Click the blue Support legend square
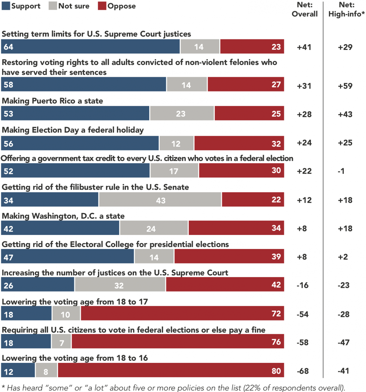pos(6,6)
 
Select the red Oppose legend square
pos(102,6)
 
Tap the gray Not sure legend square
pos(53,6)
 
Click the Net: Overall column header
pos(304,9)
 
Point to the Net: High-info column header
pos(346,9)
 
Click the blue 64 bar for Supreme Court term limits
pos(90,47)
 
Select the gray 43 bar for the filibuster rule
pos(160,200)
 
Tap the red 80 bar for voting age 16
pos(171,370)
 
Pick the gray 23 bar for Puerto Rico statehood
pos(182,113)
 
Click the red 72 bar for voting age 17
pos(182,313)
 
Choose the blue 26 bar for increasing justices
pos(38,285)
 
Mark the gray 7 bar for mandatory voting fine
pos(61,342)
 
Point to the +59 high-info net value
pos(345,86)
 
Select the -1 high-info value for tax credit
pos(341,171)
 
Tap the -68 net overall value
pos(303,371)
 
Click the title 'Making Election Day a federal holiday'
pos(73,130)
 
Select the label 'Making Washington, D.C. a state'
pos(63,216)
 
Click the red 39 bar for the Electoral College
pos(229,256)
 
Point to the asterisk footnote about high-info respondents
pos(173,388)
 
